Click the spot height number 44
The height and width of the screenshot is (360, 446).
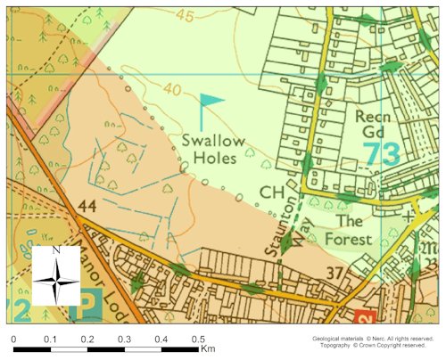[x=87, y=207]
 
